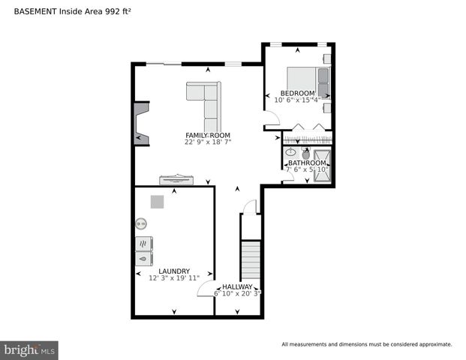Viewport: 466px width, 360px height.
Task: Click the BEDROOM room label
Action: [298, 93]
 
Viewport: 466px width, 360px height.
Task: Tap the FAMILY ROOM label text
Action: [208, 135]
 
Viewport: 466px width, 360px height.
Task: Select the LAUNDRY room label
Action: [174, 271]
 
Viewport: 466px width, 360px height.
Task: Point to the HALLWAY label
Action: [237, 286]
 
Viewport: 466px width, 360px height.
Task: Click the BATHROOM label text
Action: [307, 163]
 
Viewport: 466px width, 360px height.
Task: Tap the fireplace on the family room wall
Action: [140, 124]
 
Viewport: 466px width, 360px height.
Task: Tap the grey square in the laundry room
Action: [157, 202]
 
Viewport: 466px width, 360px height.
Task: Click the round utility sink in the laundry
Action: [141, 223]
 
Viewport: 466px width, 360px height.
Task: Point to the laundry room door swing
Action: [206, 288]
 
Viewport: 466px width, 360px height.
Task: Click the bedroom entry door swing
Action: [272, 118]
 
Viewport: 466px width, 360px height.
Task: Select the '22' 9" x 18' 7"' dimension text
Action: [208, 142]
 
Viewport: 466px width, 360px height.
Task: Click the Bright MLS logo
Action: [30, 349]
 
